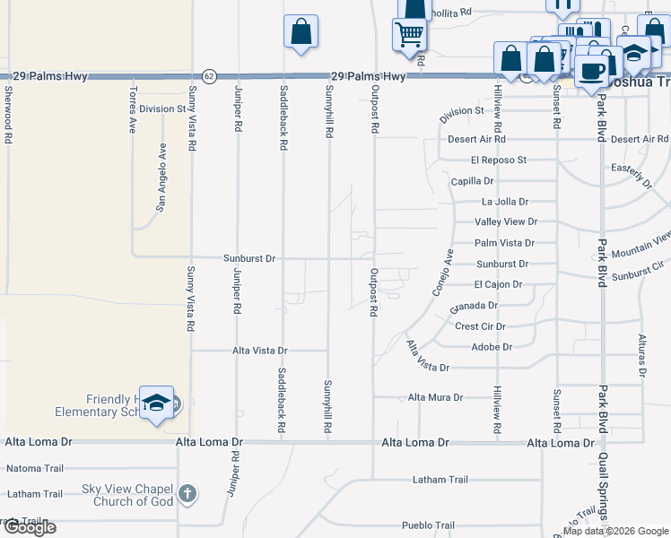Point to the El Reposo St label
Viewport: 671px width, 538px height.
click(x=498, y=161)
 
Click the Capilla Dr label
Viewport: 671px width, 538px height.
click(x=473, y=181)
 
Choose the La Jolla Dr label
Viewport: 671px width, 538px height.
click(x=505, y=202)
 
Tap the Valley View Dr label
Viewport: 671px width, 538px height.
click(x=506, y=221)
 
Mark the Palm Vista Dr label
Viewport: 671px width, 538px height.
click(x=504, y=243)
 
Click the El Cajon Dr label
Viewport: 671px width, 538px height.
click(x=498, y=284)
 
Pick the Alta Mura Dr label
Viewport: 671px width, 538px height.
click(x=435, y=397)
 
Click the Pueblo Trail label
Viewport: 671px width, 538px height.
click(x=429, y=525)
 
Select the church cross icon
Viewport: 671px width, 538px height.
click(x=187, y=493)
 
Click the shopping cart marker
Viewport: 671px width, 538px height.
click(x=409, y=34)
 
